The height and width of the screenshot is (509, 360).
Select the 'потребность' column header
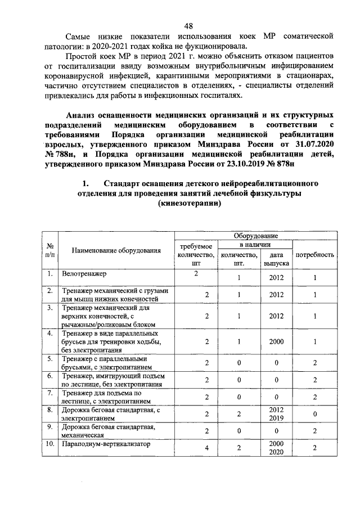pos(315,254)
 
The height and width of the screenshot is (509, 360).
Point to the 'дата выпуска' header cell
pos(276,259)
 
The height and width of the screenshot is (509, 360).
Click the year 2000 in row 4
pos(276,341)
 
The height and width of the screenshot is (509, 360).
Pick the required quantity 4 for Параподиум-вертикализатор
pos(196,448)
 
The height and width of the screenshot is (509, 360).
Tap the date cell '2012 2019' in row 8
pos(276,414)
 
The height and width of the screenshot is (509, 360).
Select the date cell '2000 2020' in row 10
pos(276,448)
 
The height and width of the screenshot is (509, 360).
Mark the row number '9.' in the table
pos(50,427)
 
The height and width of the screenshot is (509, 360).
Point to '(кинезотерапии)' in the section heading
pos(188,205)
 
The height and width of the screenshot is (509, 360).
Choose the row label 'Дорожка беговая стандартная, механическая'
pos(109,431)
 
